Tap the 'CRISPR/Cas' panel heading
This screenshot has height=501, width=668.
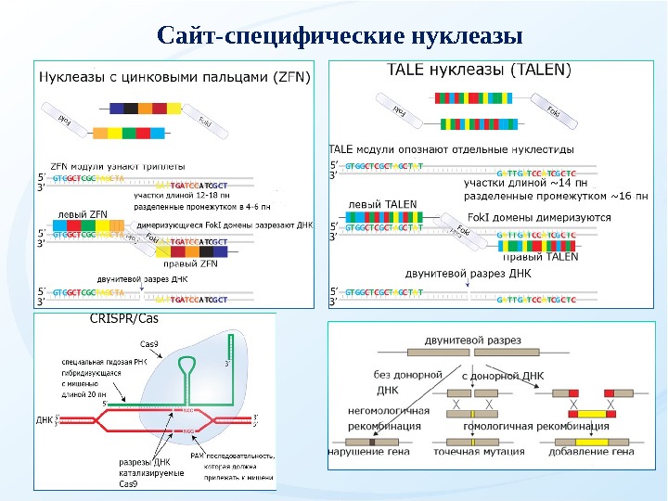pyautogui.click(x=123, y=318)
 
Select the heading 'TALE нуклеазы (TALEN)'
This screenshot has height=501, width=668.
pyautogui.click(x=479, y=69)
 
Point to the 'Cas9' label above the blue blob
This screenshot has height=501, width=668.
pyautogui.click(x=149, y=344)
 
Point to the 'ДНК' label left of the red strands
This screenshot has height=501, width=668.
pyautogui.click(x=45, y=420)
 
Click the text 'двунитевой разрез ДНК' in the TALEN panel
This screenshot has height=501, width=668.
pyautogui.click(x=455, y=274)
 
